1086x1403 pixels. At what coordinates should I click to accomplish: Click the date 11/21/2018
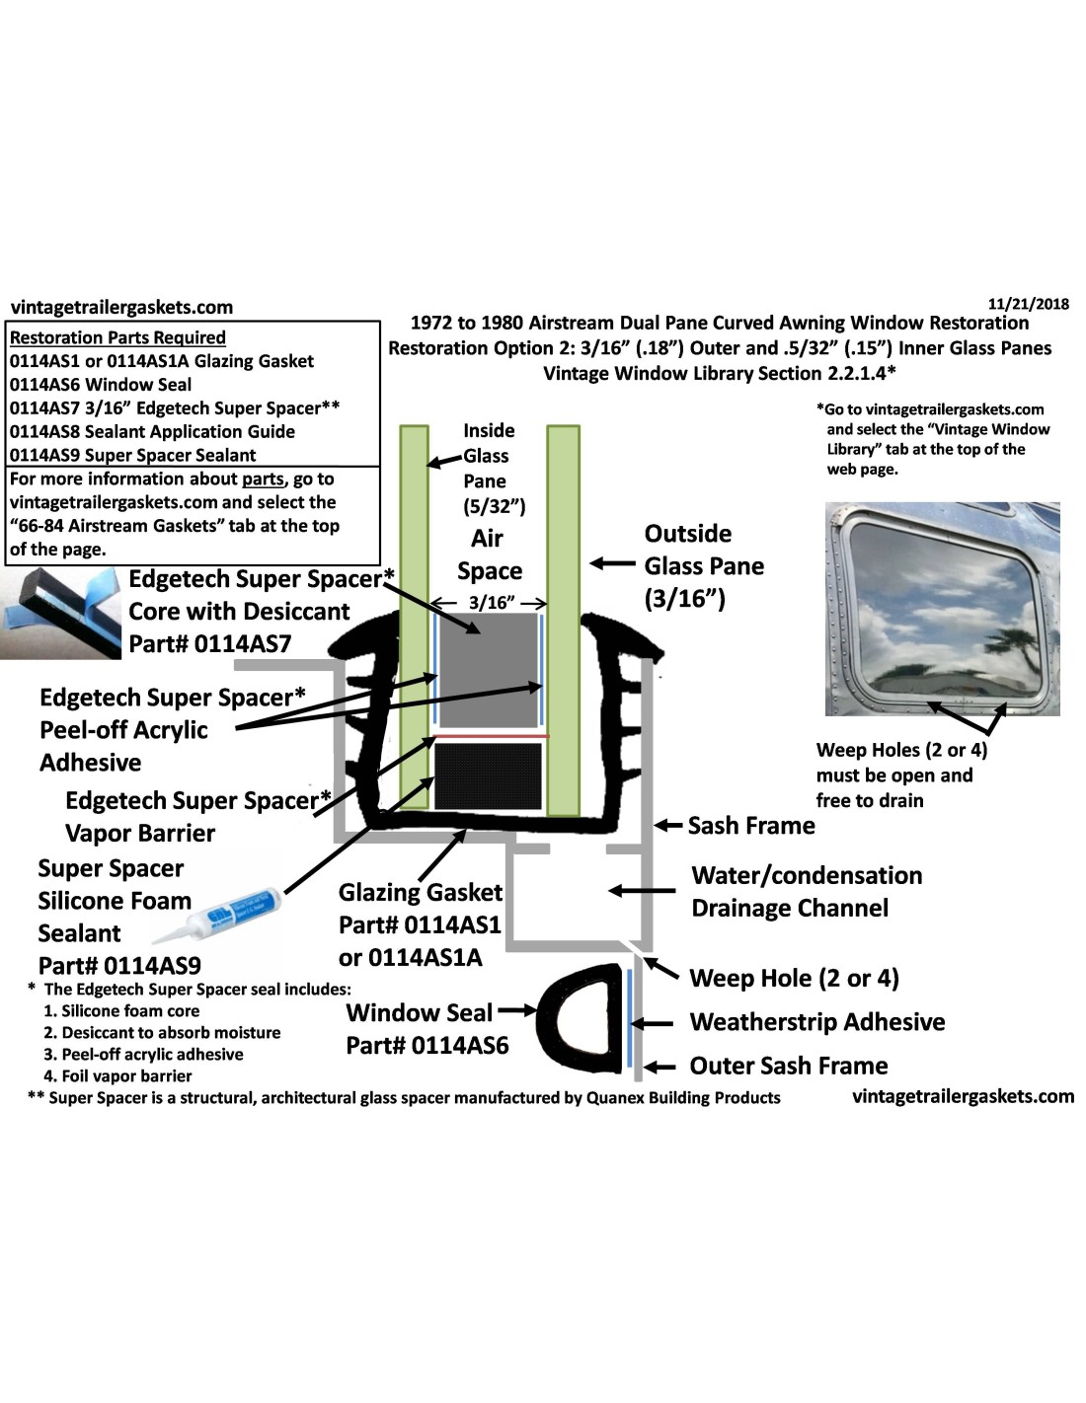tap(1028, 304)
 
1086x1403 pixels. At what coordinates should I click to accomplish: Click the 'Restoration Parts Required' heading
tap(117, 337)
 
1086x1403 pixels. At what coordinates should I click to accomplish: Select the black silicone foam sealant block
tap(488, 775)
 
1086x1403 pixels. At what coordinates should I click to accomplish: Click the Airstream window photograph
tap(942, 608)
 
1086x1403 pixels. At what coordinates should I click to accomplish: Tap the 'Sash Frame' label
tap(750, 825)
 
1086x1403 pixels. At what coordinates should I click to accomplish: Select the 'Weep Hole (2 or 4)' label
tap(793, 978)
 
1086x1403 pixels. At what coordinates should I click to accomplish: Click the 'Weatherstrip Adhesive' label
tap(816, 1021)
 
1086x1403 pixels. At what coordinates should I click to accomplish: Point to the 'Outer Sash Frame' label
tap(788, 1066)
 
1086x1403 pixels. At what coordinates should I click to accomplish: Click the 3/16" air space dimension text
tap(491, 603)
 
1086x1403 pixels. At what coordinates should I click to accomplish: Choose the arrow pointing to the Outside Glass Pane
tap(612, 564)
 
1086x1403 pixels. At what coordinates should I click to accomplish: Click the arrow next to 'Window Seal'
tap(517, 1011)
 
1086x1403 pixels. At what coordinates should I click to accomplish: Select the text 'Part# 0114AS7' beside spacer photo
tap(210, 644)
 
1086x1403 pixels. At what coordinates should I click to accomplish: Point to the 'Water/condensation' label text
tap(807, 875)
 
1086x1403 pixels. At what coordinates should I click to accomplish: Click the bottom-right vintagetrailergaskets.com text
tap(963, 1095)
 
